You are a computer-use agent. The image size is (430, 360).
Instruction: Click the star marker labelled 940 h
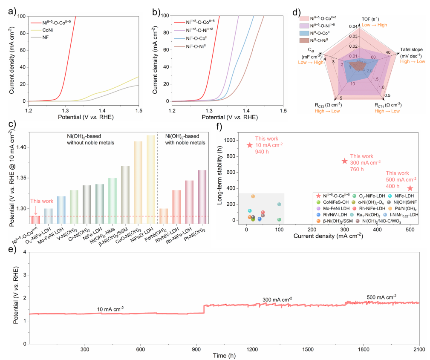point(250,145)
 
